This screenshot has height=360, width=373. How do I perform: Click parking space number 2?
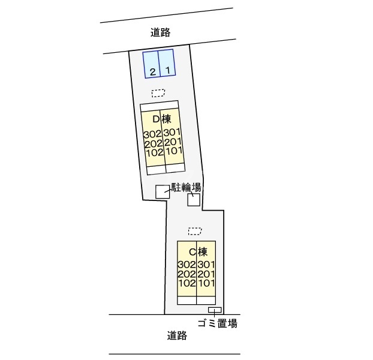[x=153, y=71]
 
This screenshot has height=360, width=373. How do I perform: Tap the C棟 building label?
[x=198, y=251]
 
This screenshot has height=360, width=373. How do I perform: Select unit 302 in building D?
[x=153, y=133]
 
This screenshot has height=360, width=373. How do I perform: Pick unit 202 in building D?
[x=153, y=143]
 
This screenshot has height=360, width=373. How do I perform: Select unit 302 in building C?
[x=187, y=265]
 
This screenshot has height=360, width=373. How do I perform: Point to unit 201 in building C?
[x=206, y=274]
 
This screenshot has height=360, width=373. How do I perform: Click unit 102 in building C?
[x=187, y=283]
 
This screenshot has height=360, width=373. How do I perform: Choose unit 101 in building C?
[x=206, y=283]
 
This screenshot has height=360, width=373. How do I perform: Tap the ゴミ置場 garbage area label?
[x=217, y=324]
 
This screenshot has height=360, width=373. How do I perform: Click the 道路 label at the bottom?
[x=177, y=336]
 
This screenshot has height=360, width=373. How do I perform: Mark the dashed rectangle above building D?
[x=158, y=93]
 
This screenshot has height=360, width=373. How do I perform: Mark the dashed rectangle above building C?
[x=195, y=230]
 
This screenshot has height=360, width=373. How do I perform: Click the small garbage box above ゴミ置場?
[x=214, y=310]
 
